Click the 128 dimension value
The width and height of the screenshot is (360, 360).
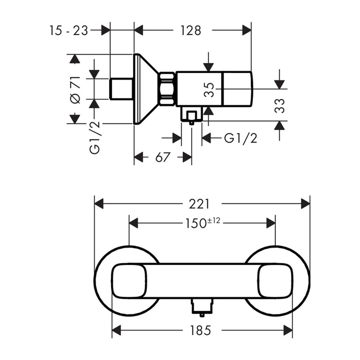[x=191, y=31]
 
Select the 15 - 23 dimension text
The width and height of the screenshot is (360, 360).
[x=69, y=31]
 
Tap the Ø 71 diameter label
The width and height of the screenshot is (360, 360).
[x=76, y=90]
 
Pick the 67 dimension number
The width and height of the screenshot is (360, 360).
[x=162, y=157]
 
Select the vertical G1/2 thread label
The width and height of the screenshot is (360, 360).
[x=95, y=137]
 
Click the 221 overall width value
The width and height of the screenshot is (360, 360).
[x=199, y=204]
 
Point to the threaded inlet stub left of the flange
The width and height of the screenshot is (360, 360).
[x=122, y=89]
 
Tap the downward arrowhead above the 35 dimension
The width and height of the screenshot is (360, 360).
[x=208, y=67]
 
